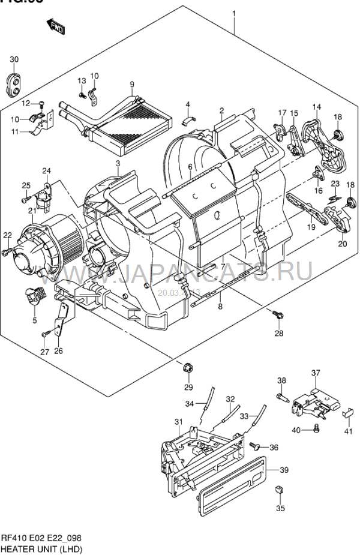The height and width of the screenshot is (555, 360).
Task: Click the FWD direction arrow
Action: pyautogui.click(x=56, y=26)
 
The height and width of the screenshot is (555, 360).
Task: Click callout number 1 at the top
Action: pyautogui.click(x=234, y=13)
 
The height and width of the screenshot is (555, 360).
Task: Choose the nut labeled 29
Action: pyautogui.click(x=187, y=365)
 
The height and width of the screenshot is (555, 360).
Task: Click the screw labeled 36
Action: pyautogui.click(x=257, y=446)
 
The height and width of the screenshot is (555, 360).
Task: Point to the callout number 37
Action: pyautogui.click(x=316, y=373)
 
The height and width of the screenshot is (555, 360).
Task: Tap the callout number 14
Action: pyautogui.click(x=317, y=107)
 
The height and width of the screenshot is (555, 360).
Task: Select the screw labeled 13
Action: pyautogui.click(x=82, y=94)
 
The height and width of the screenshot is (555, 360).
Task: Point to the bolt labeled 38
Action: pyautogui.click(x=282, y=397)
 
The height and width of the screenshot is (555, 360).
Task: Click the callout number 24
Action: pyautogui.click(x=46, y=171)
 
